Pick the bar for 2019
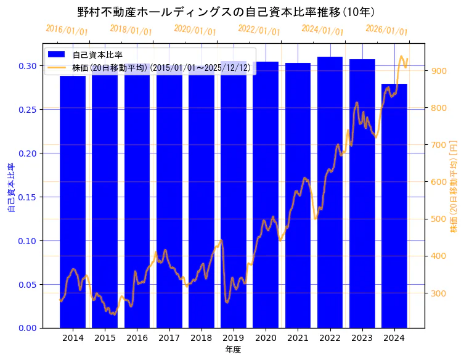(x=234, y=197)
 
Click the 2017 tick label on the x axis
(x=169, y=337)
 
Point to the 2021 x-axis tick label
(x=298, y=337)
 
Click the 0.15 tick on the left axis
(x=27, y=197)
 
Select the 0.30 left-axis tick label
(x=27, y=66)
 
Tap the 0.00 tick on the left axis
(x=27, y=328)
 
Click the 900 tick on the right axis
(x=439, y=71)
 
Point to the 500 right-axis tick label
(x=439, y=219)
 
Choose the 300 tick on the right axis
(x=439, y=293)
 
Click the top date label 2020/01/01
(x=195, y=30)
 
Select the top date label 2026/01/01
(x=386, y=30)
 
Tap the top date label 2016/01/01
(x=67, y=30)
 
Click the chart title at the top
(x=226, y=12)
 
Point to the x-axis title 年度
(x=233, y=350)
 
